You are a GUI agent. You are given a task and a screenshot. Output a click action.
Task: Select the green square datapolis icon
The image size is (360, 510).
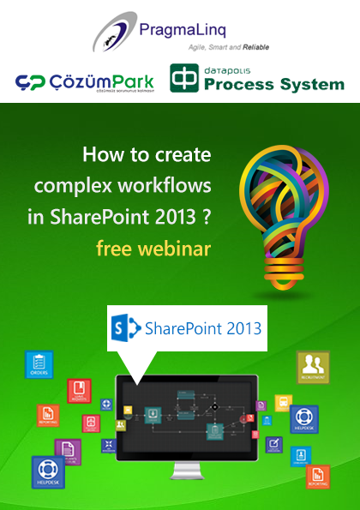pos(183,77)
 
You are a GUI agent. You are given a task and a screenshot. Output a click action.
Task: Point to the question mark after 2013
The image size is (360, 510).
pos(207,217)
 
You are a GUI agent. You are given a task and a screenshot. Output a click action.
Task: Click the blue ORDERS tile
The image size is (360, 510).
pos(39,364)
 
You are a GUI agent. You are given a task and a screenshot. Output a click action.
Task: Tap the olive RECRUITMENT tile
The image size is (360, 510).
pos(314,365)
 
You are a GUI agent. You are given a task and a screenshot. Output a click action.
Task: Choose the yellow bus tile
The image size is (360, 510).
pos(283,404)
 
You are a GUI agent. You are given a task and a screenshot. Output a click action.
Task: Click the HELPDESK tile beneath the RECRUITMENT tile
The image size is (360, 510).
pos(304,418)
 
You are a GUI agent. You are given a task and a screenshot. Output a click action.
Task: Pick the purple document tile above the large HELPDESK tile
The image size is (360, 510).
pos(67,448)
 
